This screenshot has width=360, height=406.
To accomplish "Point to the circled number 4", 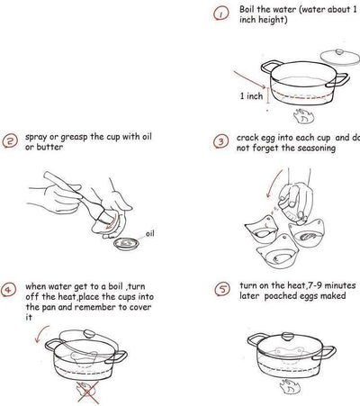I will [x=10, y=291].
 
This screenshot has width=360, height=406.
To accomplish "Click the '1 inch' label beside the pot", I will [x=252, y=95].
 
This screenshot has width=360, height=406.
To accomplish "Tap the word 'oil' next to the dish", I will [x=151, y=232].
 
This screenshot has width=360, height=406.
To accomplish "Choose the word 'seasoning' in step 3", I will [x=313, y=148].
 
